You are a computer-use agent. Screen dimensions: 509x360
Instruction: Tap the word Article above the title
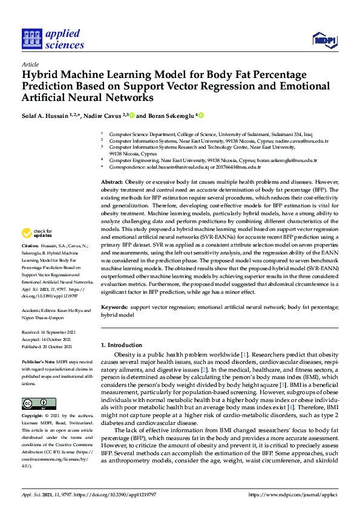pyautogui.click(x=30, y=64)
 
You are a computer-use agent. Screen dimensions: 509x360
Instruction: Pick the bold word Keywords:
pyautogui.click(x=114, y=308)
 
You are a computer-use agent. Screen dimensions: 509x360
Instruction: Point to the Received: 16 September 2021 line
pyautogui.click(x=47, y=332)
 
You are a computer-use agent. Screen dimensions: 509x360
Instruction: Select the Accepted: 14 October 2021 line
pyautogui.click(x=46, y=340)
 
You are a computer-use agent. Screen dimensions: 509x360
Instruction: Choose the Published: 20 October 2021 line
pyautogui.click(x=47, y=347)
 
